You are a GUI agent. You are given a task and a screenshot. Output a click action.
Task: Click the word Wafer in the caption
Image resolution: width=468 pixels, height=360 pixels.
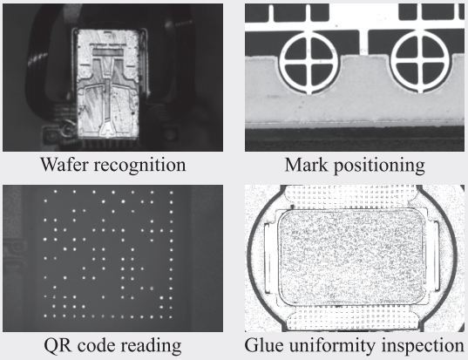[x=64, y=165]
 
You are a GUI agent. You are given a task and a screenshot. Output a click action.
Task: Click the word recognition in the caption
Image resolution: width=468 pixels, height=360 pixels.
[x=139, y=166]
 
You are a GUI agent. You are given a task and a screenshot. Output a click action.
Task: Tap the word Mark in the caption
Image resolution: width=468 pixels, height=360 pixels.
[x=306, y=165]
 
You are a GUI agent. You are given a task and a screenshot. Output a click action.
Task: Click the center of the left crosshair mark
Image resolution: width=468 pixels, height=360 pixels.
[x=309, y=63]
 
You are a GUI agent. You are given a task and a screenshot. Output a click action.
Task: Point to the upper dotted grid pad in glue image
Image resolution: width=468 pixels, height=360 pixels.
[x=350, y=196]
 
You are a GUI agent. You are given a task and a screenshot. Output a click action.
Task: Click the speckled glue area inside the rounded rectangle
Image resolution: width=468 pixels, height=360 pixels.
[x=352, y=257]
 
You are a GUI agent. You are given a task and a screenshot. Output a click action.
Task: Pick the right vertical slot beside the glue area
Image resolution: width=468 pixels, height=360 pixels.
[x=435, y=256]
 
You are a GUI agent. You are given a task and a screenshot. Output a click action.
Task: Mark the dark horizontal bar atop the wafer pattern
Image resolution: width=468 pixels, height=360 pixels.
[x=108, y=53]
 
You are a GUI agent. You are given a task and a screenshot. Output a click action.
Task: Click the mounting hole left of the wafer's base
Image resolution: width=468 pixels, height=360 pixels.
[x=53, y=136]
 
